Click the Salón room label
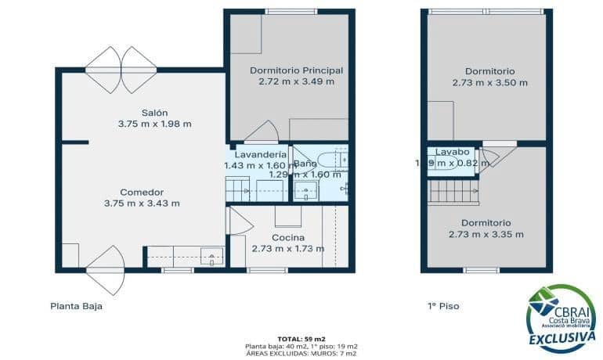[x=154, y=112]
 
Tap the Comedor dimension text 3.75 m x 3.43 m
[x=142, y=203]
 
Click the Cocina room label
[x=287, y=238]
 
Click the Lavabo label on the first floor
[x=452, y=152]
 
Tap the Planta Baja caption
[x=76, y=306]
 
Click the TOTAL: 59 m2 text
[x=301, y=337]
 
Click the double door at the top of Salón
[x=121, y=69]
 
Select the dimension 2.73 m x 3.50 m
[x=489, y=82]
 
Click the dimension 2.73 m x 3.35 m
[x=486, y=234]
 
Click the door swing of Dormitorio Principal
[x=262, y=133]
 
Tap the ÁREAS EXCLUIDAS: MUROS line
[x=301, y=353]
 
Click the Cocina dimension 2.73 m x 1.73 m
[x=287, y=249]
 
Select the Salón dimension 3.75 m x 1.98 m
[x=154, y=124]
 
